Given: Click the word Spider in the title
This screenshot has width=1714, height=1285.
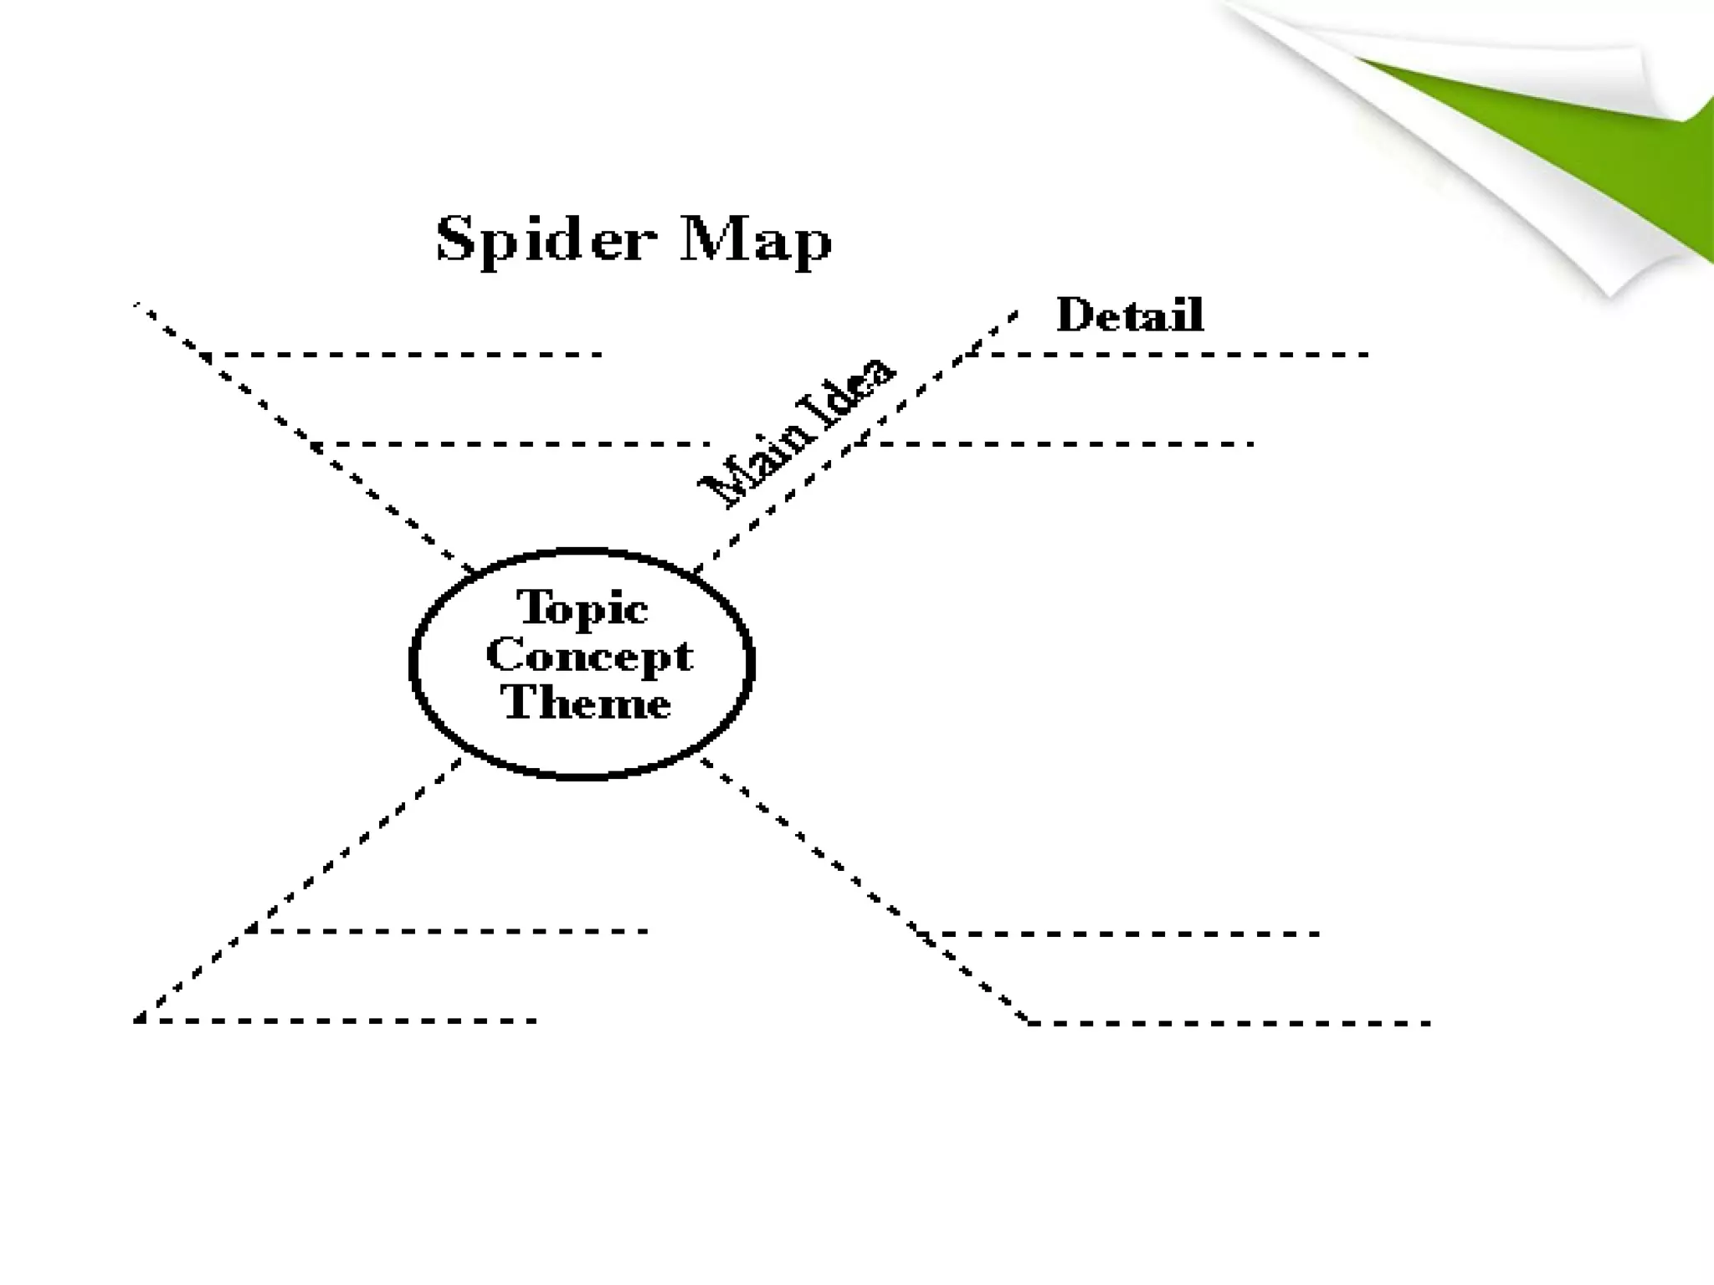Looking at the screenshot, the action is click(543, 240).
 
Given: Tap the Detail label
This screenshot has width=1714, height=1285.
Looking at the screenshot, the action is click(1130, 315).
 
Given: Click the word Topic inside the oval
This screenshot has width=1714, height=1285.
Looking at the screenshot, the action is click(582, 607).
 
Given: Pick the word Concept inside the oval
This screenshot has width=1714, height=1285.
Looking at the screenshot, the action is click(589, 655).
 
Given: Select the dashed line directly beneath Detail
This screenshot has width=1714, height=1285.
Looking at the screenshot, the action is click(1172, 355).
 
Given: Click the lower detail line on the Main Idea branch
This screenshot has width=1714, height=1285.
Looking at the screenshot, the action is click(1055, 443).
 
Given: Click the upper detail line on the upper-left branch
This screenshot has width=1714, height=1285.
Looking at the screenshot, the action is click(402, 355).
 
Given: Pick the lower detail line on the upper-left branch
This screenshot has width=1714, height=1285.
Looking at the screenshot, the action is click(511, 443).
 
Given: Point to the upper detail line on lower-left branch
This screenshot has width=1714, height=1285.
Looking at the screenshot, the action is click(452, 930).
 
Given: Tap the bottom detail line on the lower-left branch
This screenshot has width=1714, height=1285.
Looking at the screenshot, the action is click(335, 1021).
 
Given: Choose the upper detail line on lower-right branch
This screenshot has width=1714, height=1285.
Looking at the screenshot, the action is click(1121, 934).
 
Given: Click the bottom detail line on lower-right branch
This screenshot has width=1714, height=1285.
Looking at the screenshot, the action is click(1230, 1023).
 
